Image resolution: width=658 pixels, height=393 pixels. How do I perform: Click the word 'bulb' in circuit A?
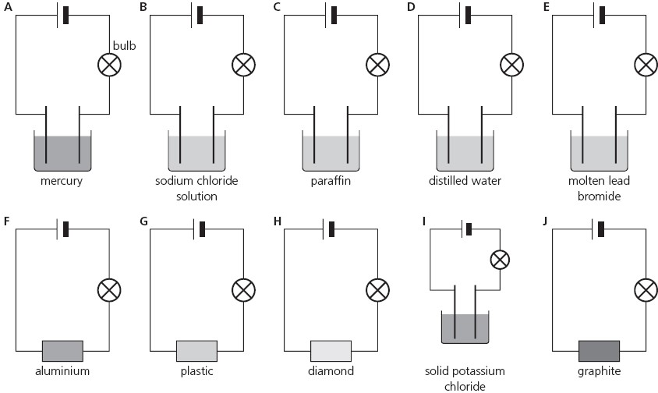point(125,46)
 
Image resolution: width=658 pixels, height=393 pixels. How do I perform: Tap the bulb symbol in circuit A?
point(109,65)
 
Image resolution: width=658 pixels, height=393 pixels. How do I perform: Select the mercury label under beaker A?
point(63,182)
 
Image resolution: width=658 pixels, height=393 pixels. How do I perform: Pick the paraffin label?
point(331,182)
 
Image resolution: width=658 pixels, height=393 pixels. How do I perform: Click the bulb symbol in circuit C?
point(377,65)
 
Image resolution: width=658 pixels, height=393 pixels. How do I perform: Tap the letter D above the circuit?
point(411,7)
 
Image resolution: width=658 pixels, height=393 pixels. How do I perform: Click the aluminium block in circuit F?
point(62,351)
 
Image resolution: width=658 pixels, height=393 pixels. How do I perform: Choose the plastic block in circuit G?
point(196,351)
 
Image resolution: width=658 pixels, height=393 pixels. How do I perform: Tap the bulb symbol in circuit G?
point(243,290)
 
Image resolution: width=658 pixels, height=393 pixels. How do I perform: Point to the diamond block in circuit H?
point(331,351)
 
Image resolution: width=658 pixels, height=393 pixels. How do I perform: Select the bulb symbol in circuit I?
point(500,259)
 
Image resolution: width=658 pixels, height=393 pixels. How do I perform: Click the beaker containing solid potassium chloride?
point(465,327)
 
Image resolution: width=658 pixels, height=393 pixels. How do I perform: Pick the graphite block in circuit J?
point(599,351)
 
